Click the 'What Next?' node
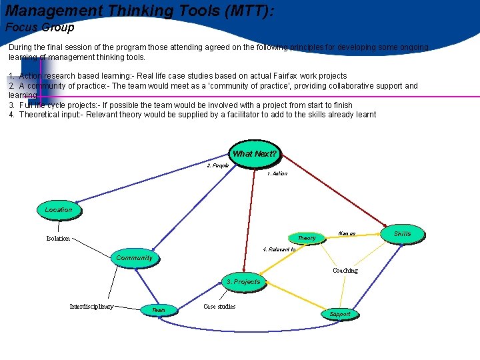point(254,154)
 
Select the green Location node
point(59,210)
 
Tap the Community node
point(134,258)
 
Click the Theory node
point(307,238)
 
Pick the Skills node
point(402,233)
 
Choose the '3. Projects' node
point(243,282)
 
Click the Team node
point(159,310)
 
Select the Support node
point(339,314)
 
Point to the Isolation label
point(58,239)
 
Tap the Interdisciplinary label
point(91,307)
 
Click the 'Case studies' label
point(219,307)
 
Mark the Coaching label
point(345,271)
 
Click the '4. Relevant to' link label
point(279,250)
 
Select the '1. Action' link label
point(277,174)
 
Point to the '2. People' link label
point(218,165)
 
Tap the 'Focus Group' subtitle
point(40,28)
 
